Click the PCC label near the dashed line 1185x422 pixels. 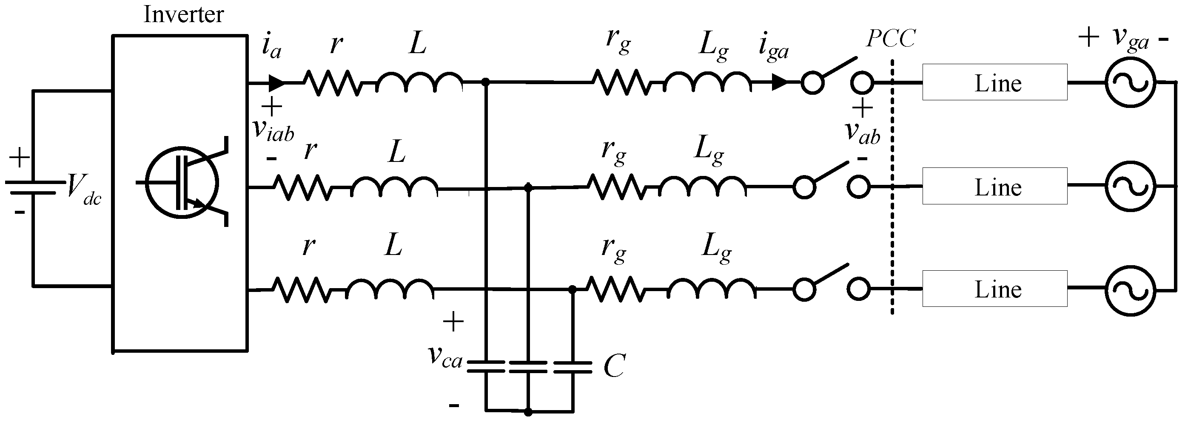pos(890,39)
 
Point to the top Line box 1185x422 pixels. pos(994,82)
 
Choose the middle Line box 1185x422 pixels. pos(994,186)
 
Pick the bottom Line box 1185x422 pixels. pos(994,289)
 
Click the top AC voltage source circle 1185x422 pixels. pos(1130,83)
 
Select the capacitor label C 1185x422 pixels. pos(614,366)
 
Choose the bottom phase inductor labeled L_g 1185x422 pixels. pos(711,289)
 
